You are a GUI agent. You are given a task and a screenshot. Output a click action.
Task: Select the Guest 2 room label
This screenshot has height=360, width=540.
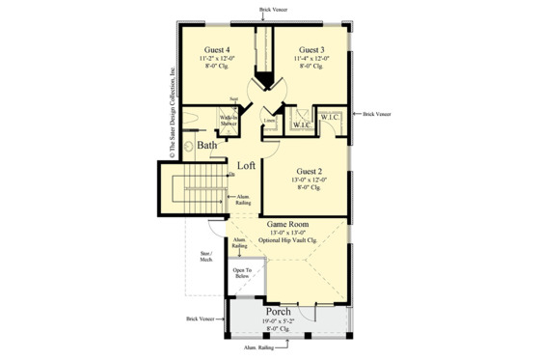pos(310,170)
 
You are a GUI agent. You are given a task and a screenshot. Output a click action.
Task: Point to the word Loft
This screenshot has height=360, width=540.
pos(248,165)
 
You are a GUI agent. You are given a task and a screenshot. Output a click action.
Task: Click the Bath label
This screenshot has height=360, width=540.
pos(207,146)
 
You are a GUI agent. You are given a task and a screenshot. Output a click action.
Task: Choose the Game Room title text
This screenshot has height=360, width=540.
pos(286,223)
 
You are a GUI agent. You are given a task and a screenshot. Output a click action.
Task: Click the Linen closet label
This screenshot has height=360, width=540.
pos(271,122)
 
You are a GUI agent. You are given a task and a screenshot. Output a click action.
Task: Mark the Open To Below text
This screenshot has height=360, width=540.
pos(241,274)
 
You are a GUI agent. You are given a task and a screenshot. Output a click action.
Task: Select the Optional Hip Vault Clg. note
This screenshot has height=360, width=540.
pos(287,239)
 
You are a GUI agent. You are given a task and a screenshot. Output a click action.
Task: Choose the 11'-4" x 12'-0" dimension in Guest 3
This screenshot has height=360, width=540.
pos(310,58)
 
